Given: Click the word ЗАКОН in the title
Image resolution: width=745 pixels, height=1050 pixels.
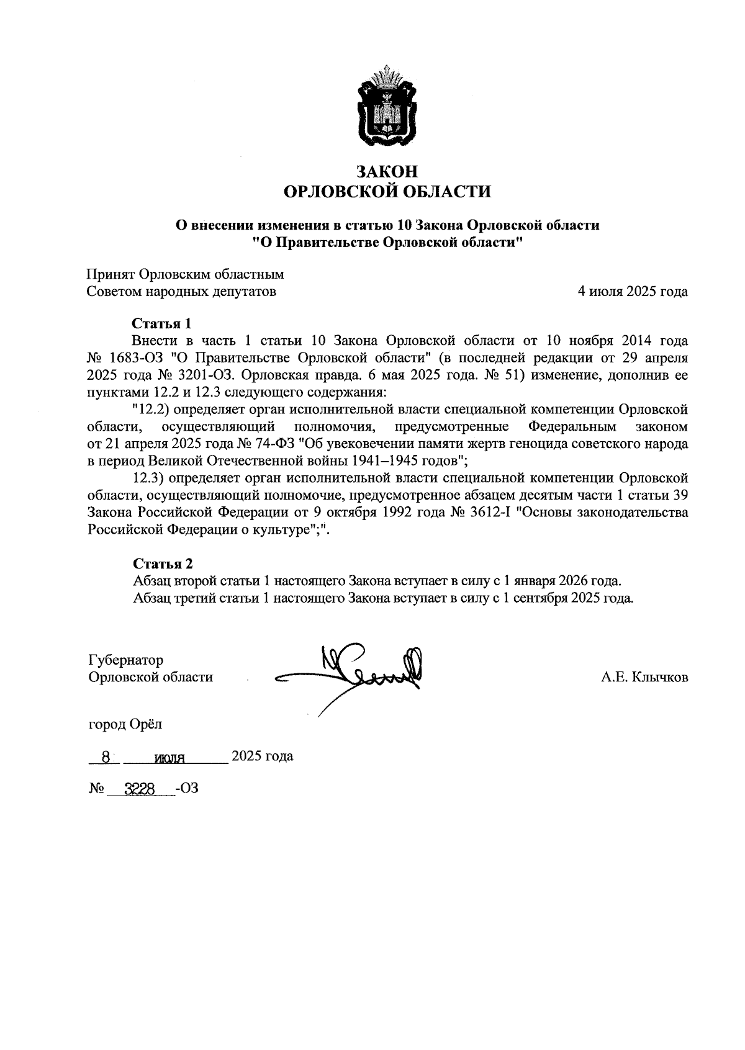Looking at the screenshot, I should pyautogui.click(x=387, y=171).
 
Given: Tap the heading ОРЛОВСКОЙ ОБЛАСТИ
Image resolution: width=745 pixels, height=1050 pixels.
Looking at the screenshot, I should pyautogui.click(x=387, y=192).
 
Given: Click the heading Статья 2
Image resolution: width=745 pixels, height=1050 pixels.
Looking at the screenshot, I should pyautogui.click(x=163, y=563).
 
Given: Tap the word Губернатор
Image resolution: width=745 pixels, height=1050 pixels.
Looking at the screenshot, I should pyautogui.click(x=126, y=660).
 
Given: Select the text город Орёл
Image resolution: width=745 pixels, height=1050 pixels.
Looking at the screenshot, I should pyautogui.click(x=126, y=724).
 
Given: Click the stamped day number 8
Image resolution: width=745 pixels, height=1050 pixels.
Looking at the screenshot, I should pyautogui.click(x=107, y=757).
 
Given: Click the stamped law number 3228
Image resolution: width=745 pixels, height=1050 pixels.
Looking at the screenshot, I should pyautogui.click(x=139, y=789).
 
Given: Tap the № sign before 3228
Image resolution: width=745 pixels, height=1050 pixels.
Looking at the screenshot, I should pyautogui.click(x=96, y=789).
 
